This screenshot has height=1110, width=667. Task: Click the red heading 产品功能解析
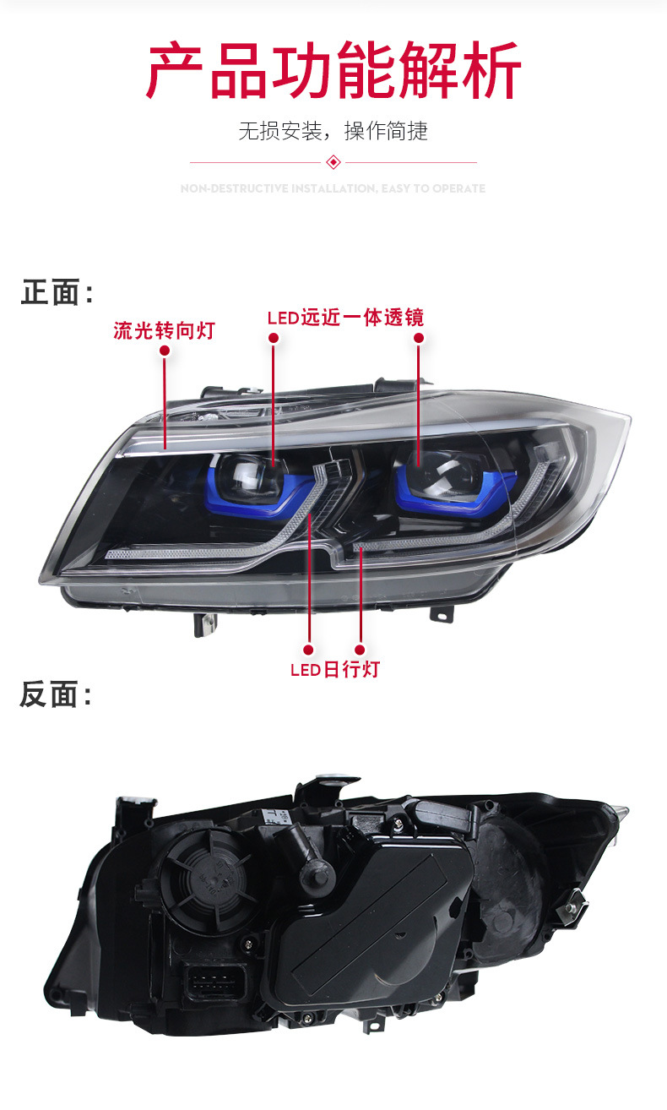333,71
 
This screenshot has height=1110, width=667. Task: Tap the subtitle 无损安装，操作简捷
333,132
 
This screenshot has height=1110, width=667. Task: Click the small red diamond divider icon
333,161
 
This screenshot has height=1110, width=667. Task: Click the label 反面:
56,694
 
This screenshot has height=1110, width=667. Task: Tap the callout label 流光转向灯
164,329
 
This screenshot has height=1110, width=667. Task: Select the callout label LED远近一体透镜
345,318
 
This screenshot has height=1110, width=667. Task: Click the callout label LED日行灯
335,670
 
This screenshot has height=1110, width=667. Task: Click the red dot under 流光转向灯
165,350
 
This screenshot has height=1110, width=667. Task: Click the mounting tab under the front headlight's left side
205,624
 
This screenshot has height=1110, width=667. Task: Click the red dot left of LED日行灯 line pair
310,650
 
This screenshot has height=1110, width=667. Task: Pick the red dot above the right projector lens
419,338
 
